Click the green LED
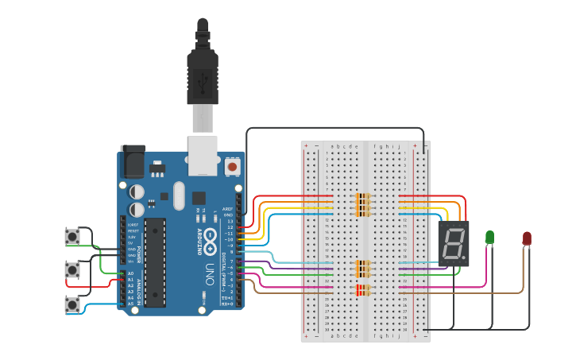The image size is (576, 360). (x=489, y=237)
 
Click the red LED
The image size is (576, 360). (x=527, y=238)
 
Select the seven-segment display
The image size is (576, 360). (x=454, y=242)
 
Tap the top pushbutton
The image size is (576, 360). (x=73, y=236)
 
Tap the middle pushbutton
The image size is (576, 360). (x=73, y=270)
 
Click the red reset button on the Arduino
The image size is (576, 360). (x=232, y=167)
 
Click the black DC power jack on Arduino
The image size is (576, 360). (x=132, y=161)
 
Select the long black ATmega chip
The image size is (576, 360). (x=155, y=261)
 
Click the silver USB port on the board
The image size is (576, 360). (x=202, y=154)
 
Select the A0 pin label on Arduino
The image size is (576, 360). (x=131, y=274)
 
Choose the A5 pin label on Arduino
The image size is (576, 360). (x=131, y=304)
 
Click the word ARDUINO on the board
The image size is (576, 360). (x=199, y=242)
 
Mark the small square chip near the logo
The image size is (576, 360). (x=199, y=198)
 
